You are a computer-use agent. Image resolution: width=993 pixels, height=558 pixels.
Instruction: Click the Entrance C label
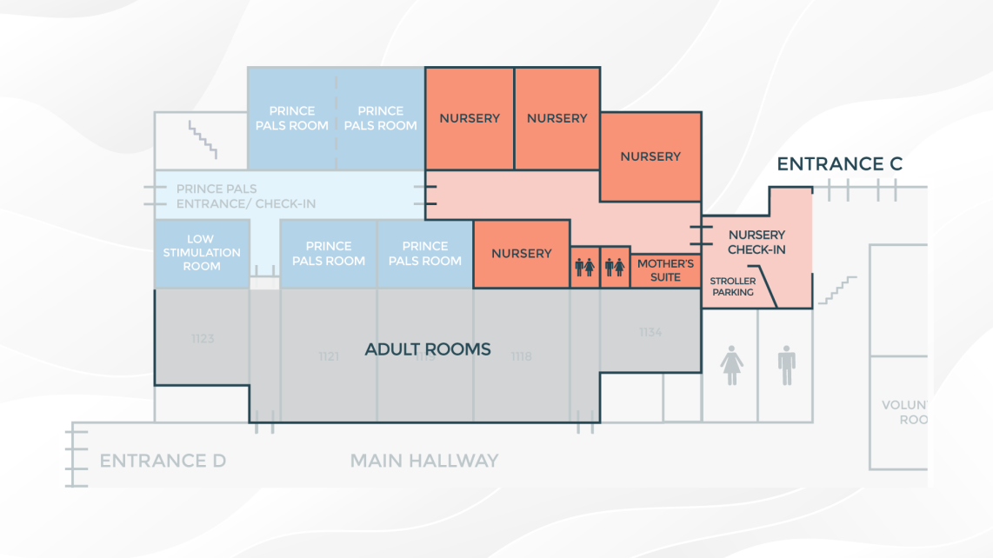click(839, 164)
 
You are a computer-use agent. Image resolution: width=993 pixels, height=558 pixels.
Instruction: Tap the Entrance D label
click(163, 461)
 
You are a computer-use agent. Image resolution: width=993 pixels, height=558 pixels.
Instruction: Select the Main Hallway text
click(424, 461)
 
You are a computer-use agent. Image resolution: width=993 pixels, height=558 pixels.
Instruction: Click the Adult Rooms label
click(428, 349)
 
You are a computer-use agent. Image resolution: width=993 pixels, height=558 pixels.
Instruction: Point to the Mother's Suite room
click(665, 270)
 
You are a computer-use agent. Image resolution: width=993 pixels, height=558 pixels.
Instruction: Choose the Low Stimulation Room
click(201, 253)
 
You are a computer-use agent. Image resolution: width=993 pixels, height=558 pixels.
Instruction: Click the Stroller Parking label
click(733, 287)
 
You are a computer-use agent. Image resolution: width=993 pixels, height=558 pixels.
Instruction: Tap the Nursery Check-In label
click(756, 242)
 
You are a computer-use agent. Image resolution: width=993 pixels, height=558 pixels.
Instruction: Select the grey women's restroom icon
click(732, 365)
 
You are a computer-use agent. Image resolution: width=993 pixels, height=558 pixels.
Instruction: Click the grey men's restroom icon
click(787, 365)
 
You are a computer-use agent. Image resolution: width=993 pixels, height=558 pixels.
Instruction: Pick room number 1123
click(203, 338)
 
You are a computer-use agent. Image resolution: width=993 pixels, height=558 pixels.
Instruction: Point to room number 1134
click(650, 332)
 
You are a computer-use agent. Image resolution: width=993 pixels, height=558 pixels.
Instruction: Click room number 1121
click(328, 356)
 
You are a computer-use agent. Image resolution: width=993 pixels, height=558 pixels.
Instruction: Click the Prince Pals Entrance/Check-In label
click(246, 196)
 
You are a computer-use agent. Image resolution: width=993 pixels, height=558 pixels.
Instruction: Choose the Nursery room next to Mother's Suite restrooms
click(522, 254)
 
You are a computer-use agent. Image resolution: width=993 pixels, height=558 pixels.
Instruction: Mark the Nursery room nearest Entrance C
click(650, 156)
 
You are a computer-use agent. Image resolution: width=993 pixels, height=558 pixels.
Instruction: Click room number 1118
click(521, 356)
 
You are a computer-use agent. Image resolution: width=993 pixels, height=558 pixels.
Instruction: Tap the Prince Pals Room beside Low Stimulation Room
click(328, 254)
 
